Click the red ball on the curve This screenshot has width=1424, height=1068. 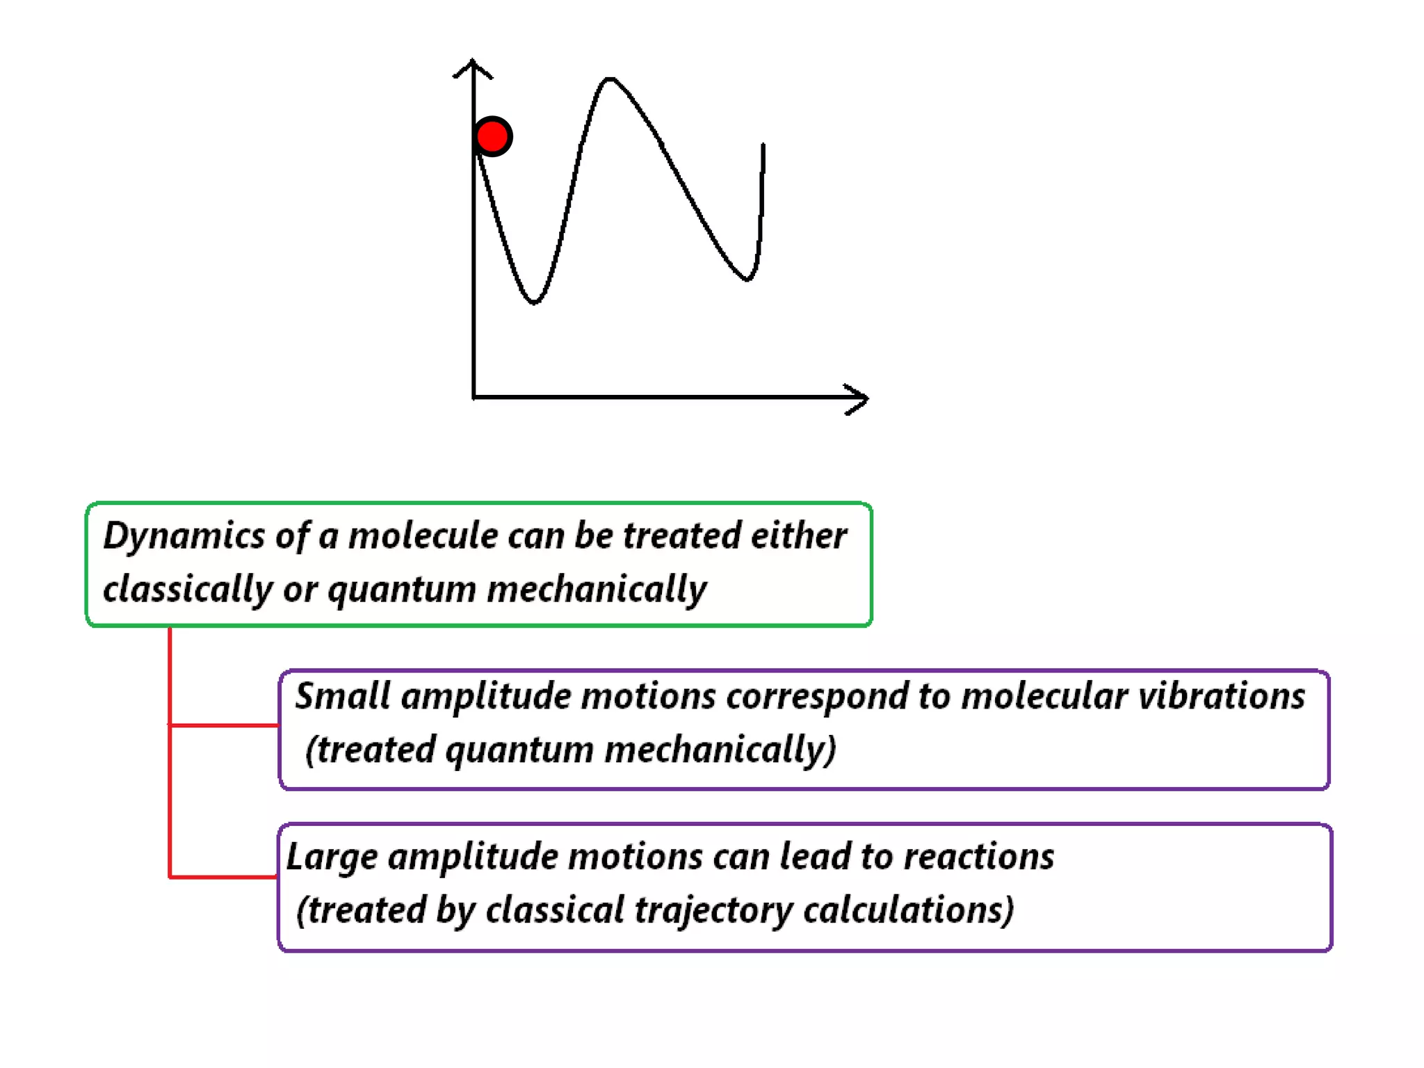pos(493,136)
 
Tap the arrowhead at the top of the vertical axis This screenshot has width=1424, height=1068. pos(473,67)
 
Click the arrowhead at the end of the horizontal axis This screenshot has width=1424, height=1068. pos(859,398)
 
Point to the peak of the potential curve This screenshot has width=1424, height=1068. pos(609,80)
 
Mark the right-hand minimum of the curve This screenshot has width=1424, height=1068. pos(747,279)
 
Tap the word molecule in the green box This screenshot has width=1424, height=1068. pos(422,536)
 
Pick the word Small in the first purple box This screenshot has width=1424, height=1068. pos(341,696)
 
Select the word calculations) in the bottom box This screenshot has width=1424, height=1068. pos(908,910)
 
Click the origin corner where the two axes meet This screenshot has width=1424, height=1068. pos(474,397)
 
